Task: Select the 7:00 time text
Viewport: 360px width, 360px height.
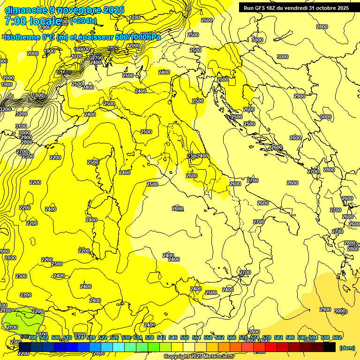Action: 15,21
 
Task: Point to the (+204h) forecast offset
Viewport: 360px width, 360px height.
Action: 83,21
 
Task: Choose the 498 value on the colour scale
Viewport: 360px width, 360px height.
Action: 32,337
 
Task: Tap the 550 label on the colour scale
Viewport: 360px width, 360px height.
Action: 184,337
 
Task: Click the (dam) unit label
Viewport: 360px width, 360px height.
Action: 347,347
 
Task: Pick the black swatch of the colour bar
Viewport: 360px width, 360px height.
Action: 330,347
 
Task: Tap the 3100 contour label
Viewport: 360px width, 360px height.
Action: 21,126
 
